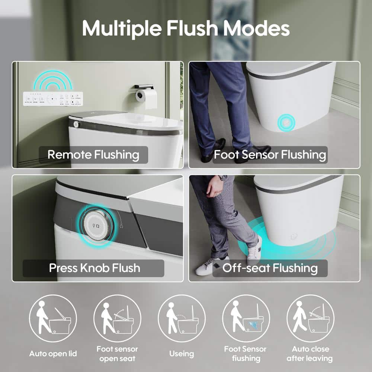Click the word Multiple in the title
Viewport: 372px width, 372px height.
[x=122, y=28]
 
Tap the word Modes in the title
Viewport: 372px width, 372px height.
[x=256, y=28]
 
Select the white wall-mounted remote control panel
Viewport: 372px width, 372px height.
[x=53, y=99]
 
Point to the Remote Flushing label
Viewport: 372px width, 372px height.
[x=93, y=155]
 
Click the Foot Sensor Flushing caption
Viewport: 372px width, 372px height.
[x=270, y=155]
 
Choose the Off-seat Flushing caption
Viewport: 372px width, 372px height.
[x=270, y=268]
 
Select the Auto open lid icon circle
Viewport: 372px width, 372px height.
[x=53, y=318]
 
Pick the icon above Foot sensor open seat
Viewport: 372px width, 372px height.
[x=117, y=318]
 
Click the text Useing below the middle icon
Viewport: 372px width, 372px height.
[x=182, y=354]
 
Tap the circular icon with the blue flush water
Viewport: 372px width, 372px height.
[x=246, y=318]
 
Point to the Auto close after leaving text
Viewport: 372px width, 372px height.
[x=310, y=353]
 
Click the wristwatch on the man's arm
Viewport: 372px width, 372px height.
[x=223, y=177]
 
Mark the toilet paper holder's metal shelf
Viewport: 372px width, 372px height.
[x=144, y=87]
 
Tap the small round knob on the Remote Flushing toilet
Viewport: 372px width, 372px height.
[x=76, y=124]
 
